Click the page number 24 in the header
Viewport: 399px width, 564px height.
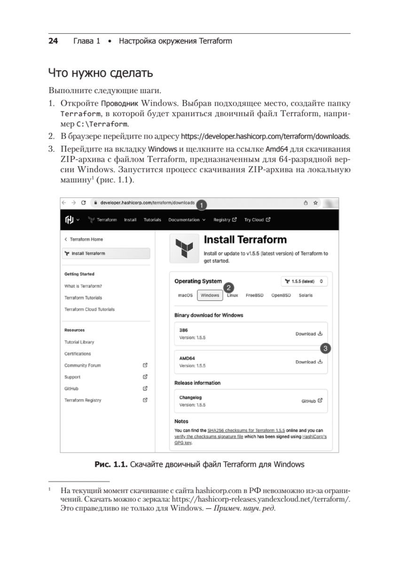pyautogui.click(x=53, y=41)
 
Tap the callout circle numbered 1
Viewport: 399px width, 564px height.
pyautogui.click(x=201, y=205)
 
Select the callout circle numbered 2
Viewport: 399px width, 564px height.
pyautogui.click(x=228, y=287)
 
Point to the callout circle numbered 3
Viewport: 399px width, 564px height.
pyautogui.click(x=325, y=348)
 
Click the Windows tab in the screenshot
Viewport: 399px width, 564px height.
pyautogui.click(x=210, y=296)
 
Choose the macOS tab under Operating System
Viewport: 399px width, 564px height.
pyautogui.click(x=185, y=296)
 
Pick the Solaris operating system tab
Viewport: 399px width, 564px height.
pyautogui.click(x=305, y=296)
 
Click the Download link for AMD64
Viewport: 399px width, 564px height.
pyautogui.click(x=309, y=362)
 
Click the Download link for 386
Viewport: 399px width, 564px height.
pyautogui.click(x=309, y=334)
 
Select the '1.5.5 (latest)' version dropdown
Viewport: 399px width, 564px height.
pyautogui.click(x=304, y=282)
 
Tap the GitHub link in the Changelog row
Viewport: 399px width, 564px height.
pyautogui.click(x=312, y=401)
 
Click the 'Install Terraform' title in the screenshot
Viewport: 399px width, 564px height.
pyautogui.click(x=245, y=240)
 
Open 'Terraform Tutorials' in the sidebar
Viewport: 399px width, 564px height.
pyautogui.click(x=83, y=298)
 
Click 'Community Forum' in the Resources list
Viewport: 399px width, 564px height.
pyautogui.click(x=83, y=365)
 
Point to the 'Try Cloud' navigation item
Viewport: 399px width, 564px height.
pyautogui.click(x=257, y=219)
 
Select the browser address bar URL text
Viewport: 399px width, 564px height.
pyautogui.click(x=147, y=203)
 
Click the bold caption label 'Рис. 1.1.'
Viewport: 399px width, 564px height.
pyautogui.click(x=111, y=465)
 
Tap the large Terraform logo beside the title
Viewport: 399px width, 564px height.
pyautogui.click(x=184, y=249)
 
